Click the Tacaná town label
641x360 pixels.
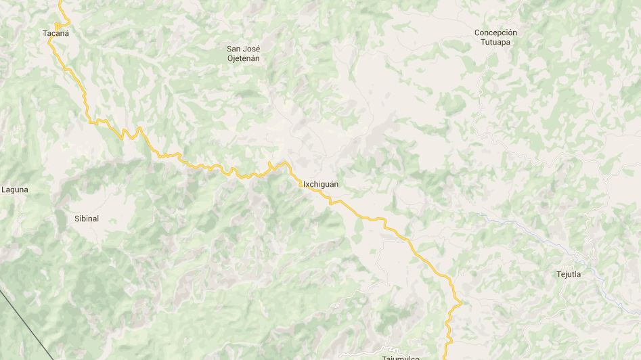click(x=56, y=32)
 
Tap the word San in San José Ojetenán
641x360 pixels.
click(x=234, y=49)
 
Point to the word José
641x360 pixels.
click(x=252, y=49)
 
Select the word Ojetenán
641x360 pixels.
click(x=243, y=58)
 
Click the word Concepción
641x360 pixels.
click(x=495, y=32)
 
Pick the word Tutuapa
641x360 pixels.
click(x=495, y=42)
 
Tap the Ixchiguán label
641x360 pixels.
click(x=321, y=184)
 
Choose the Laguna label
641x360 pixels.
click(x=15, y=189)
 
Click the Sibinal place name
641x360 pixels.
click(x=87, y=219)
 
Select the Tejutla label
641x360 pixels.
click(x=569, y=274)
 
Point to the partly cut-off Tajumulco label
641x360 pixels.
click(x=401, y=357)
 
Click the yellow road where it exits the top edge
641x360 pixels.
click(x=61, y=2)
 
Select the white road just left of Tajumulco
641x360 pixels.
click(x=359, y=353)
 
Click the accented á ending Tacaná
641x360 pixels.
click(x=66, y=32)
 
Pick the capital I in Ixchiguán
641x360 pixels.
click(x=305, y=184)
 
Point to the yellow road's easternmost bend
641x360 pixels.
click(x=460, y=302)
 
